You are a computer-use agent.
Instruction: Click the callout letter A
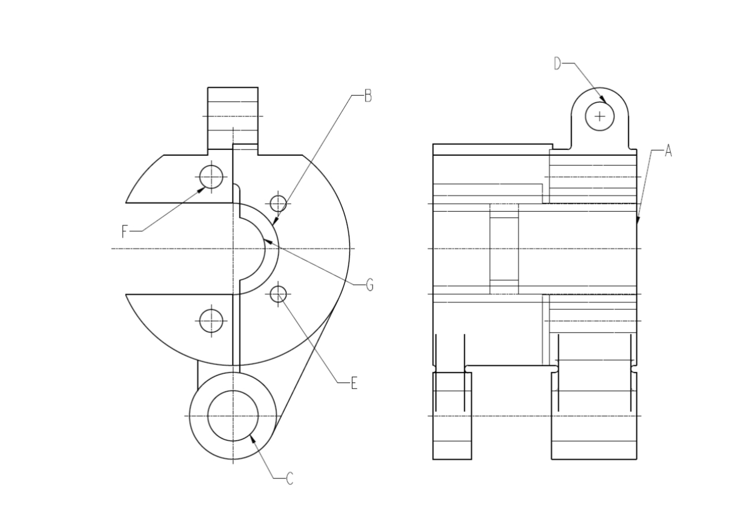[668, 151]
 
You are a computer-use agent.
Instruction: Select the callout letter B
[368, 96]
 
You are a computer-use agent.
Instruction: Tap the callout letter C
[290, 478]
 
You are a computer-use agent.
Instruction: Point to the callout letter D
[557, 63]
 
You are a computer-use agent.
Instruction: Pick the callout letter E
[354, 383]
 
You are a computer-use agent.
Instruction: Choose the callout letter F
[125, 232]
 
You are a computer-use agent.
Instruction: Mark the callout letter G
[370, 284]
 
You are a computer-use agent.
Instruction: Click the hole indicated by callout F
[211, 177]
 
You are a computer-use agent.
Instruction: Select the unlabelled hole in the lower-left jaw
[211, 321]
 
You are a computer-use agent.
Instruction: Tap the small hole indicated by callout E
[279, 294]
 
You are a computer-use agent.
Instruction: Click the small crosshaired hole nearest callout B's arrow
[279, 203]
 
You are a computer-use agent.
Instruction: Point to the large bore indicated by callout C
[233, 415]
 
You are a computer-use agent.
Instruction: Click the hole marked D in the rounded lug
[600, 116]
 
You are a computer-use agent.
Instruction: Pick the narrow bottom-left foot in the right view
[452, 415]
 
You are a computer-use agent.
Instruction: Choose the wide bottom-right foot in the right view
[594, 415]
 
